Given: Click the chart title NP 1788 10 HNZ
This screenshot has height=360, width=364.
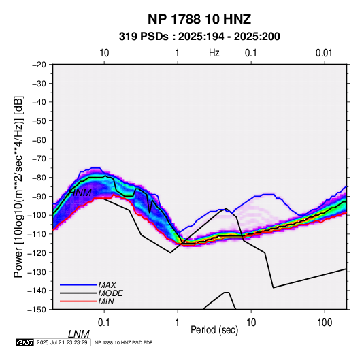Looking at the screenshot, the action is click(199, 19).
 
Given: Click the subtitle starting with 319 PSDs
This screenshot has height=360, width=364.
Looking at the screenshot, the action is click(199, 37).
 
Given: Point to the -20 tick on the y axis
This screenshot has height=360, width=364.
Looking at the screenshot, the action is click(39, 65).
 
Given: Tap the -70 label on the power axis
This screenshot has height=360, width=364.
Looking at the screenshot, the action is click(39, 159).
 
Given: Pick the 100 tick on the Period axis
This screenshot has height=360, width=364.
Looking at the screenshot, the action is click(325, 323).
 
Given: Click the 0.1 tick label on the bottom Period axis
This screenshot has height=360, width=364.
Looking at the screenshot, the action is click(104, 323).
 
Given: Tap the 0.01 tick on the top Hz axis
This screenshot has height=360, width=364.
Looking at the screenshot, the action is click(324, 53).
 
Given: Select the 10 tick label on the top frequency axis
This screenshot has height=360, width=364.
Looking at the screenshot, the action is click(104, 53).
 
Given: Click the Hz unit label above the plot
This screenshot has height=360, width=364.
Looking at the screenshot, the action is click(214, 53).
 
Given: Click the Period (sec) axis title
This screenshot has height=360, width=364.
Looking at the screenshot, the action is click(214, 330).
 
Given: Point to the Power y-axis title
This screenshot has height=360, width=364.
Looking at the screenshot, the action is click(18, 186).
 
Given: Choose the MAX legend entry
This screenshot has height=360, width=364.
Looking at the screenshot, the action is click(107, 284).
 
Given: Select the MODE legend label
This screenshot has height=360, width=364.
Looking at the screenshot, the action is click(110, 293).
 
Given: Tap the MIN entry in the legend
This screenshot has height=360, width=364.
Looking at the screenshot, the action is click(106, 301).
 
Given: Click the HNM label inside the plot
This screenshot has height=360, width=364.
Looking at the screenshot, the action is click(80, 193).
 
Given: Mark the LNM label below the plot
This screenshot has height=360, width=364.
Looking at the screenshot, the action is click(79, 334).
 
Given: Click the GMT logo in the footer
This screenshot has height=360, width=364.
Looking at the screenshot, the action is click(24, 342).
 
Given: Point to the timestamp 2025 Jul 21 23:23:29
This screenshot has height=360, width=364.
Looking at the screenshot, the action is click(62, 342).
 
